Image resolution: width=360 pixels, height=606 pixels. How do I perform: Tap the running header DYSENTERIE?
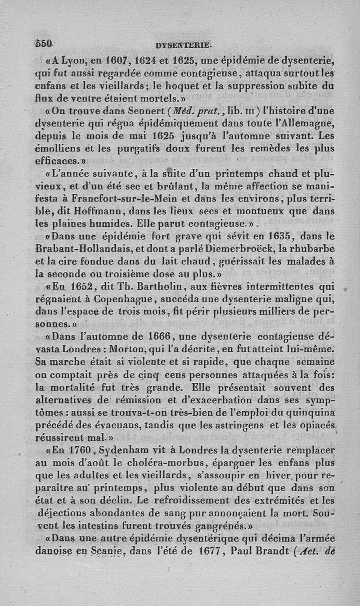[183, 45]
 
